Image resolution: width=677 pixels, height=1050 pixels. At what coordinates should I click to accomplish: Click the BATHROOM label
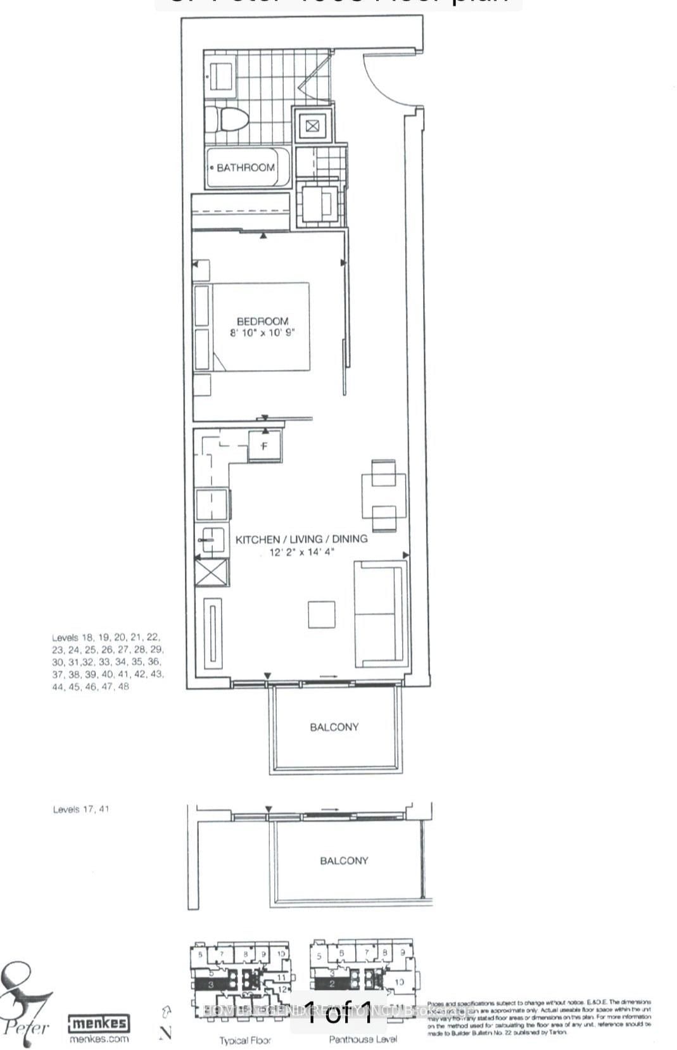pos(245,168)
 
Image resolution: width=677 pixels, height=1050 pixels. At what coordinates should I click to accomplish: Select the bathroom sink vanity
pos(220,75)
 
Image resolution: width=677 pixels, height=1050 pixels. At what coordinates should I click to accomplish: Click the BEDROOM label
pos(262,321)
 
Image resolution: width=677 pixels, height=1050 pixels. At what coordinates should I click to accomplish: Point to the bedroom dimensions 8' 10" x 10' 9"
pos(262,332)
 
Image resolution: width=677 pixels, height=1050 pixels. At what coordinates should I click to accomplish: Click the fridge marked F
pos(265,446)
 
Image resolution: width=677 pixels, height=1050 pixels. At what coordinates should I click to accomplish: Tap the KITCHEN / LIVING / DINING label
pos(301,539)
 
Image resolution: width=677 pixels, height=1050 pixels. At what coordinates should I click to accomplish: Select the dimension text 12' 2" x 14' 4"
pos(301,552)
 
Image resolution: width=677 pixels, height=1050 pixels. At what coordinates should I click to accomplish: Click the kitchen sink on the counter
pos(210,540)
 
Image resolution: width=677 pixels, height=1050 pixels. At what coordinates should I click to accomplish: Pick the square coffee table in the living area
pos(322,614)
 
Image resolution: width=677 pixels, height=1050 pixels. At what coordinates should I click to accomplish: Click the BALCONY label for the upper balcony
pos(334,727)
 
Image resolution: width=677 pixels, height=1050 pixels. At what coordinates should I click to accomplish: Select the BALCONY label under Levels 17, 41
pos(344,861)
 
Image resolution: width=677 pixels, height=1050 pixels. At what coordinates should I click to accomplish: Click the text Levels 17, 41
pos(81,809)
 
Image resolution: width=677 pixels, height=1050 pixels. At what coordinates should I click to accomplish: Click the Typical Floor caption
pos(244,1041)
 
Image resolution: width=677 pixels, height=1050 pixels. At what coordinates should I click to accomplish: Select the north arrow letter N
pos(166,1032)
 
